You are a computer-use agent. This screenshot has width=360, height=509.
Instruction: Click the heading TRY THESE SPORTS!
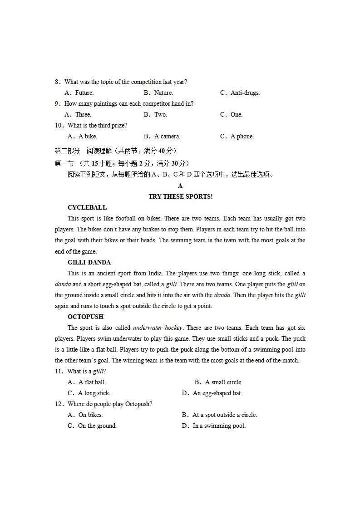[180, 196]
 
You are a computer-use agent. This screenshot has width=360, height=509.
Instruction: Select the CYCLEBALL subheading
[87, 207]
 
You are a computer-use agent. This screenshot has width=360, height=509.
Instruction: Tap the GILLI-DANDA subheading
[89, 262]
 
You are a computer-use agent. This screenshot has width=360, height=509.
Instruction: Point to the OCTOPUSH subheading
[85, 317]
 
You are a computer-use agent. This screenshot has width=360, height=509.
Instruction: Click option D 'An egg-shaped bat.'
[217, 393]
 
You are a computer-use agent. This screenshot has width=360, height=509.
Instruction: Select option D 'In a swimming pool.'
[219, 426]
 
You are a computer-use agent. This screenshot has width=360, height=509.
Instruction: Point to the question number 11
[59, 371]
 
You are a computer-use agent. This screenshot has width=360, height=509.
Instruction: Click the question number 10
[59, 125]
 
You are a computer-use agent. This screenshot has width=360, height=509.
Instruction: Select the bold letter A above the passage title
[180, 186]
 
